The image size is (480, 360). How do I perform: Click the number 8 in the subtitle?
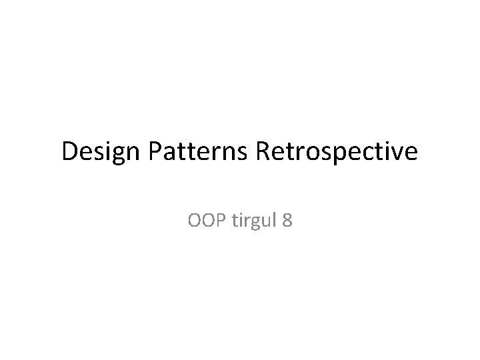(287, 219)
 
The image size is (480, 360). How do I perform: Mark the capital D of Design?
(70, 153)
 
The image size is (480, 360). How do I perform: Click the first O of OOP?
(195, 219)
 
